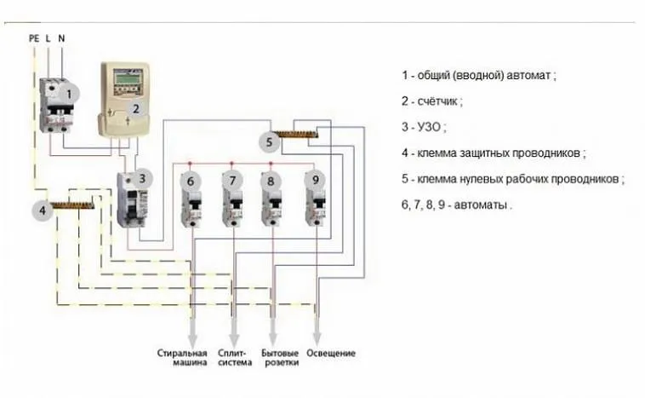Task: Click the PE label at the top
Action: click(34, 38)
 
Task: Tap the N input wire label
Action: click(61, 38)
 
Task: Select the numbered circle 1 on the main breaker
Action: click(69, 95)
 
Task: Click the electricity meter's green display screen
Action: click(127, 78)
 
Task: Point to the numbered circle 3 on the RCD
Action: click(142, 179)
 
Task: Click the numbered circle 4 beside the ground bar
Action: click(43, 211)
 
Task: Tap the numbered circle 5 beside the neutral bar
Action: click(269, 142)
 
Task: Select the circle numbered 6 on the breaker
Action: click(190, 182)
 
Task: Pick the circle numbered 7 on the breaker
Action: click(232, 181)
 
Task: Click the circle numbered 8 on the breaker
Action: click(271, 182)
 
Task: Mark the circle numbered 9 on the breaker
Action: click(315, 180)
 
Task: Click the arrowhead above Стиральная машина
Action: click(192, 340)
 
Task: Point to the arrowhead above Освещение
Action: click(317, 337)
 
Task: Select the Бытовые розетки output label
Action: click(280, 358)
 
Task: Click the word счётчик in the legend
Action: click(437, 101)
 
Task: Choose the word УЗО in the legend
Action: click(429, 127)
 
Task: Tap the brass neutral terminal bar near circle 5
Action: click(296, 134)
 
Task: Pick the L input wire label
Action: click(49, 38)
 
